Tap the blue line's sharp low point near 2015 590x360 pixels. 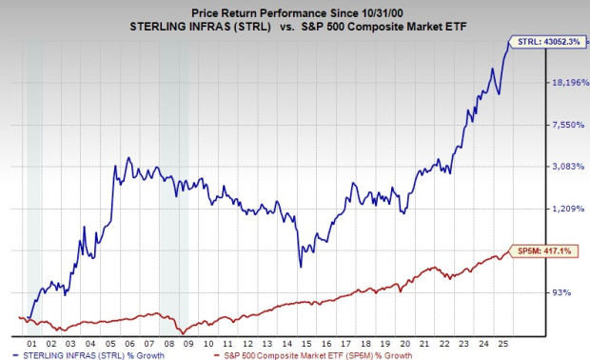click(x=300, y=266)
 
